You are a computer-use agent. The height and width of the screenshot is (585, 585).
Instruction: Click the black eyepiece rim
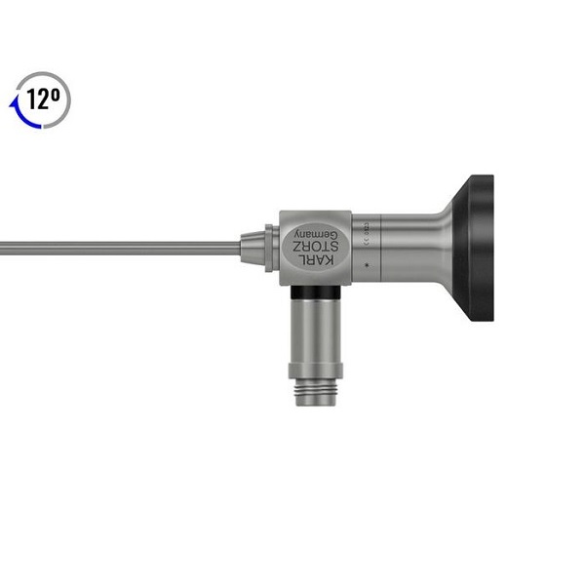click(481, 248)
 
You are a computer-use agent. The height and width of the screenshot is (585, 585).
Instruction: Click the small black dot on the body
click(366, 264)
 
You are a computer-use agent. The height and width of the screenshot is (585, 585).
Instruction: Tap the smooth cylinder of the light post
click(313, 331)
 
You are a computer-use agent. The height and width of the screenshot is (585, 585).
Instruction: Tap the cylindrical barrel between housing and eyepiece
click(390, 248)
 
